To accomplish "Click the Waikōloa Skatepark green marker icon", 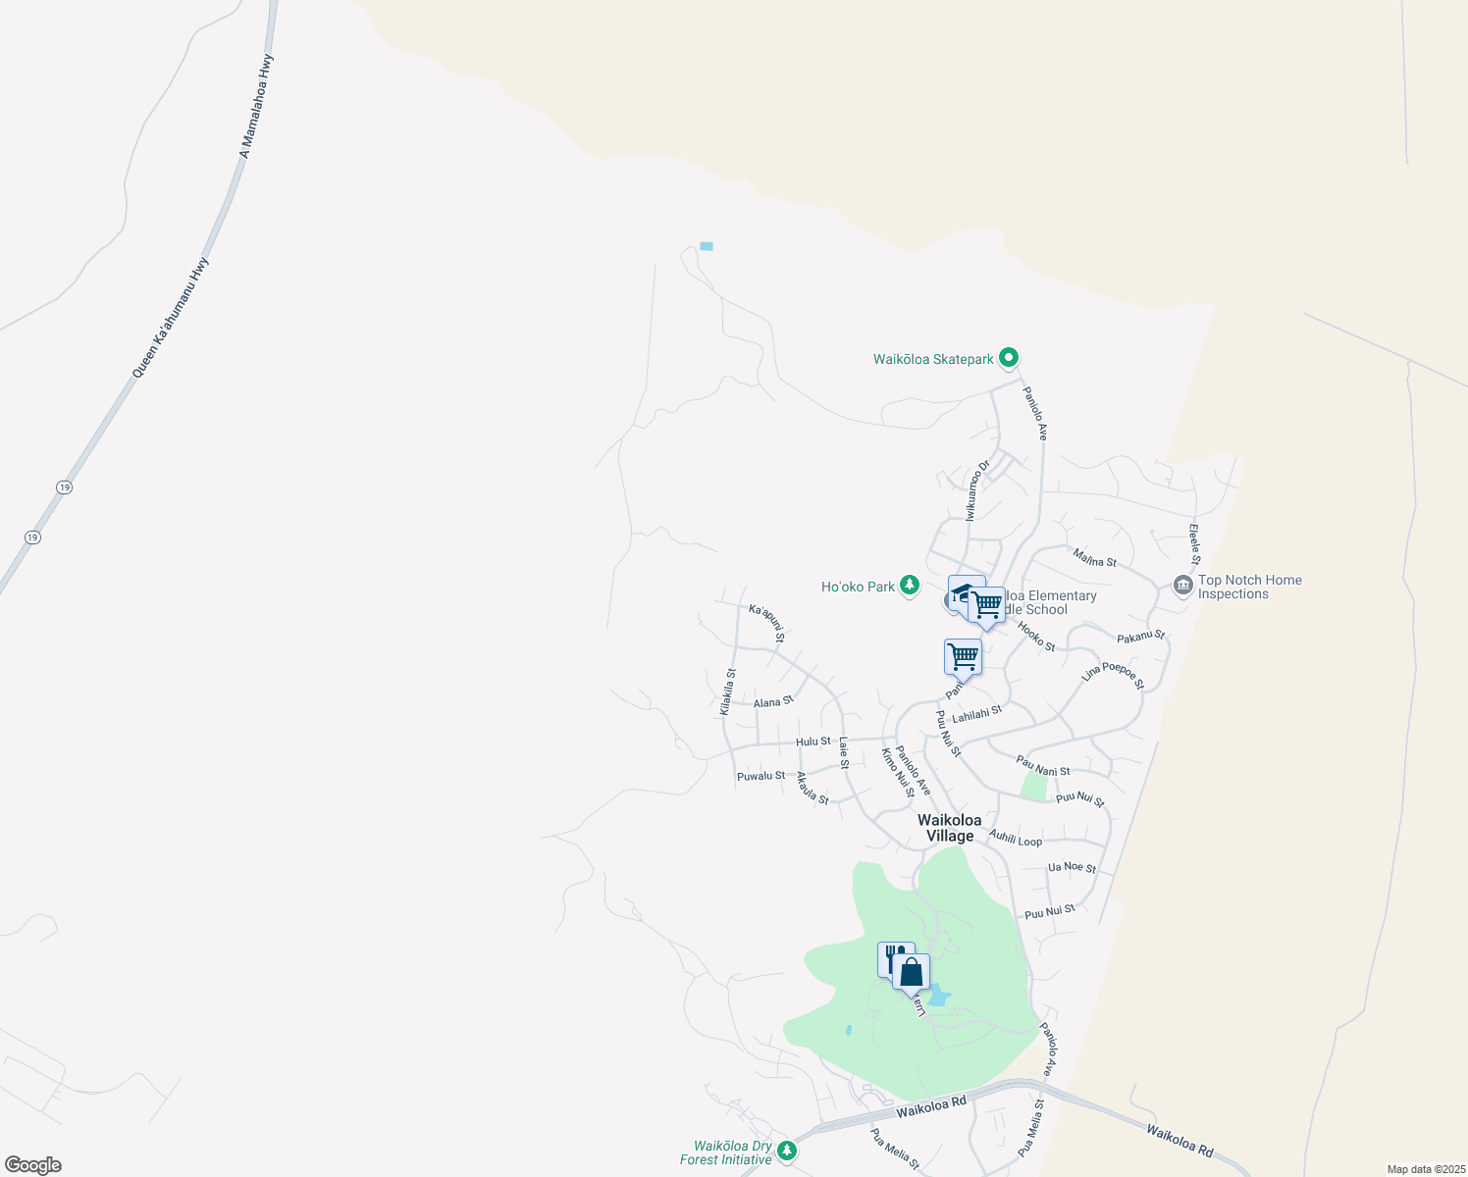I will (x=1009, y=359).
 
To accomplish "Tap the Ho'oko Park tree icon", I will (x=910, y=586).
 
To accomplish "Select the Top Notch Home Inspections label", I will (x=1249, y=587).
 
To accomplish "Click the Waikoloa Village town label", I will (x=949, y=828).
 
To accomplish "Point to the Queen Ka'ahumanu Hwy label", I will (x=171, y=318).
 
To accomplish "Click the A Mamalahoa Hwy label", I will (x=257, y=106).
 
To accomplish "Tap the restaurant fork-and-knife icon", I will (x=894, y=958).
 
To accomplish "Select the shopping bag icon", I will (x=912, y=972).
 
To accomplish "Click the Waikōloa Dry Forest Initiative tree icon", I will (x=786, y=1150).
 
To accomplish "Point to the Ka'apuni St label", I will (x=767, y=623).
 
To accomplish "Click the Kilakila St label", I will (x=727, y=691).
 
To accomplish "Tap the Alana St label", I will (x=773, y=701).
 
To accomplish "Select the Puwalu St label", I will (x=761, y=776).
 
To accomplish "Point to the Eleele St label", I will (x=1194, y=544).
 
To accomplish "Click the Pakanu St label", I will (x=1140, y=637).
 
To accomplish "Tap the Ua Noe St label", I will (x=1072, y=867).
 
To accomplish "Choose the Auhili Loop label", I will (x=1016, y=839).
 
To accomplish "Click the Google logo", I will (x=32, y=1165).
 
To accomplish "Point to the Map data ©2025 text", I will (x=1425, y=1169).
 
